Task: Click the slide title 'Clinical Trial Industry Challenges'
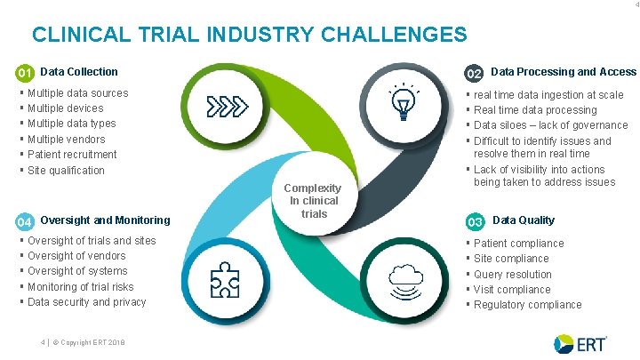tap(249, 35)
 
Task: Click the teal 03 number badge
tap(476, 221)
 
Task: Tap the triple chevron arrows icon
tap(225, 107)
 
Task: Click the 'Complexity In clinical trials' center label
tap(314, 201)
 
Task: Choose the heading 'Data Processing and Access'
tap(564, 72)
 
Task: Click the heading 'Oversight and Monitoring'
tap(105, 220)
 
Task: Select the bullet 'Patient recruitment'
tap(72, 155)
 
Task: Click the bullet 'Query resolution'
tap(513, 275)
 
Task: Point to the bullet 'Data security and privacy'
tap(86, 302)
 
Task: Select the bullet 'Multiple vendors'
tap(66, 140)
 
